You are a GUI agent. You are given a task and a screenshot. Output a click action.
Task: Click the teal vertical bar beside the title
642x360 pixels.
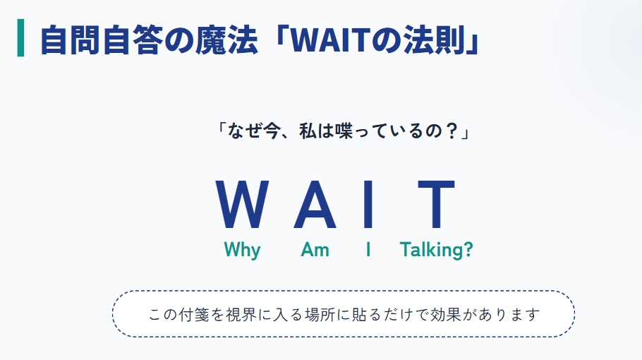click(20, 39)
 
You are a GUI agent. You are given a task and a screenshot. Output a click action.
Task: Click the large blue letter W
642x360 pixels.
click(241, 205)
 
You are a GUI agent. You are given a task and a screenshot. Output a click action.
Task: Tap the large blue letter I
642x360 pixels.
click(367, 205)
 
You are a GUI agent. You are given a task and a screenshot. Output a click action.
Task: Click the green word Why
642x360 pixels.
click(242, 250)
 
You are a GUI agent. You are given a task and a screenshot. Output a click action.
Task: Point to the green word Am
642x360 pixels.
click(315, 250)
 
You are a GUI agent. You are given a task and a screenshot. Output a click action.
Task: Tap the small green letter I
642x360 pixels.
click(368, 250)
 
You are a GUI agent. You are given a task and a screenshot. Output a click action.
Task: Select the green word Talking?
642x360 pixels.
click(436, 250)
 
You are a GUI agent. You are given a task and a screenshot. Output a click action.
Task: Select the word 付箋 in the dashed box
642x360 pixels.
click(198, 314)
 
